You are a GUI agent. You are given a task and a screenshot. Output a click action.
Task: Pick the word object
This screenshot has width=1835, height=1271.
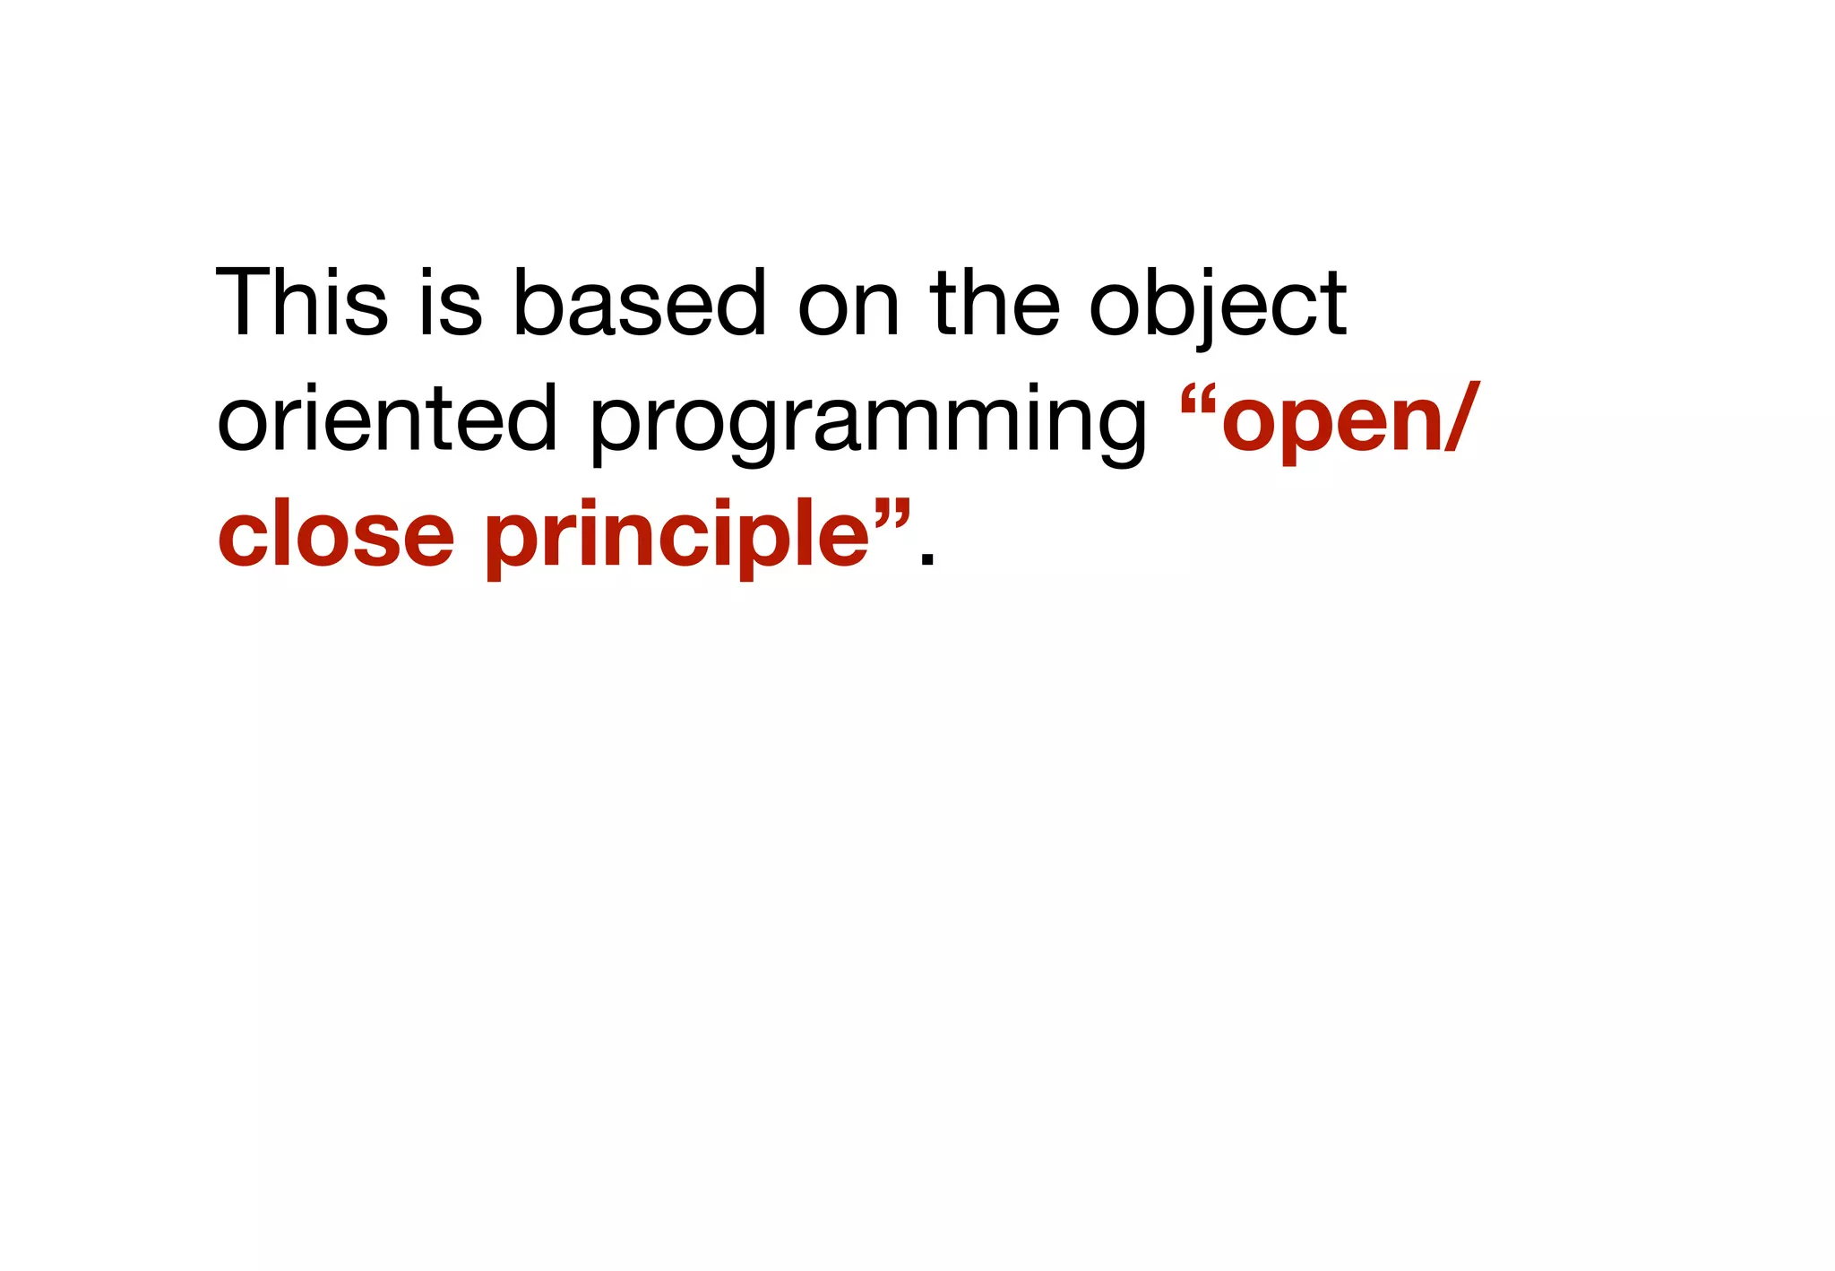point(1217,305)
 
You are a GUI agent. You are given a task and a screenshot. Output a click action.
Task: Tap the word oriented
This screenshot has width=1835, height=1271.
point(387,418)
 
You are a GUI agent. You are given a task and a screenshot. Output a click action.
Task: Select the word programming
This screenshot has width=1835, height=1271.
point(867,421)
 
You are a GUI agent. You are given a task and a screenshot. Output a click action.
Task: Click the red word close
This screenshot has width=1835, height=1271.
point(336,535)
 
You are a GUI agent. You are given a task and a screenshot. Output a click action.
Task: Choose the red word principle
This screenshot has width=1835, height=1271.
point(677,535)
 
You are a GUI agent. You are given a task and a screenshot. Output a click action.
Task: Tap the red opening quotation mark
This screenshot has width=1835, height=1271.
point(1198,395)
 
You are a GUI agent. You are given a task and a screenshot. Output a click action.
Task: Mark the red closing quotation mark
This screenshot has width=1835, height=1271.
point(892,509)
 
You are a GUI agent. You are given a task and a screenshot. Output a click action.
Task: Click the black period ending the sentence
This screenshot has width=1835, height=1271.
point(927,560)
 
